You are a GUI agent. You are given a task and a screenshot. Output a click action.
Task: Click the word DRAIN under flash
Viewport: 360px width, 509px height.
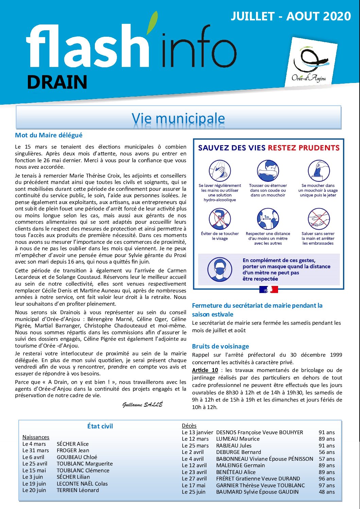[57, 82]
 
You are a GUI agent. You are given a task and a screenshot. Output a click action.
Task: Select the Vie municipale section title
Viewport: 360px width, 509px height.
[178, 118]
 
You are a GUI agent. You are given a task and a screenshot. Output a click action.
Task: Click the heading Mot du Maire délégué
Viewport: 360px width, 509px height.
[49, 135]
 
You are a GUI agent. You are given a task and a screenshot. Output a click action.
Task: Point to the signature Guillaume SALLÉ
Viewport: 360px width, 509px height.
[142, 405]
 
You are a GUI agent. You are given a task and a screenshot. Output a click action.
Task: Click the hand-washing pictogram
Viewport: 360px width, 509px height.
[220, 171]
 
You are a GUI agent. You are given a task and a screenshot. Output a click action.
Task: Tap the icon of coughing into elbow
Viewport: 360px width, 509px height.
[268, 171]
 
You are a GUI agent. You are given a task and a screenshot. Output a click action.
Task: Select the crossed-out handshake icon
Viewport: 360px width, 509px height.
[318, 219]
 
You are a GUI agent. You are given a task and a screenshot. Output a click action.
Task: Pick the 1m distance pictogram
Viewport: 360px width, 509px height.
[268, 219]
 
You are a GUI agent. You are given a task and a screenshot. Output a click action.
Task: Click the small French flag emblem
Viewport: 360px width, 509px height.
[269, 289]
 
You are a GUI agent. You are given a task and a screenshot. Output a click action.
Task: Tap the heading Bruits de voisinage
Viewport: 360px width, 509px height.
[220, 346]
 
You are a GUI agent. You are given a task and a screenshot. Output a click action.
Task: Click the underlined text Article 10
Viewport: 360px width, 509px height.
[205, 370]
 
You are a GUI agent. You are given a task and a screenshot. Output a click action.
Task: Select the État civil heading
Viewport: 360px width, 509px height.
[100, 426]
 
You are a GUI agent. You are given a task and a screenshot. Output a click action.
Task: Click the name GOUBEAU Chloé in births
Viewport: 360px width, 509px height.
[77, 457]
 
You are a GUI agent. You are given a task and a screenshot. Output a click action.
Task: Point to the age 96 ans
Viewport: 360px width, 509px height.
[327, 479]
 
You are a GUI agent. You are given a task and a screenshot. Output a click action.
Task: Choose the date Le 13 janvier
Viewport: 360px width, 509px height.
[197, 432]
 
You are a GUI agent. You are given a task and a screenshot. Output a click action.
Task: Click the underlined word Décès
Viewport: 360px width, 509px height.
[189, 426]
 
